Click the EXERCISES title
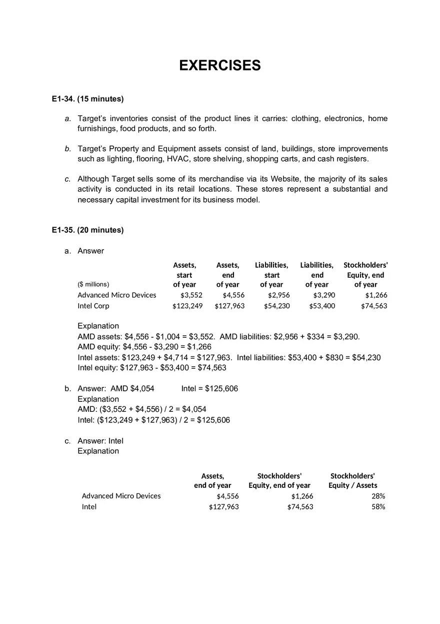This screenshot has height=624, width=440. pyautogui.click(x=220, y=66)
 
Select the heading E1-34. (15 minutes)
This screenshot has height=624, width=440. pyautogui.click(x=87, y=99)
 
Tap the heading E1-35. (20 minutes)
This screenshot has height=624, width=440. pyautogui.click(x=87, y=230)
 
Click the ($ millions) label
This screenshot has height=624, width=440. pyautogui.click(x=93, y=284)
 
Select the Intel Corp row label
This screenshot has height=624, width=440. pyautogui.click(x=93, y=306)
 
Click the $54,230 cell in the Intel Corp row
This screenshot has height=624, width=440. pyautogui.click(x=276, y=306)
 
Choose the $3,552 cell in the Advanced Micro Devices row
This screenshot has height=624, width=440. pyautogui.click(x=191, y=295)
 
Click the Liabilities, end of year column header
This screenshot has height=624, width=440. pyautogui.click(x=317, y=275)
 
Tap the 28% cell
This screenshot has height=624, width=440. pyautogui.click(x=378, y=496)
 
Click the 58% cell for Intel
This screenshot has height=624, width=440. pyautogui.click(x=378, y=507)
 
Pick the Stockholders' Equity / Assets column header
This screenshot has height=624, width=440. pyautogui.click(x=352, y=480)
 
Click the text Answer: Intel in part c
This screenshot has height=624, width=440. pyautogui.click(x=100, y=441)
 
